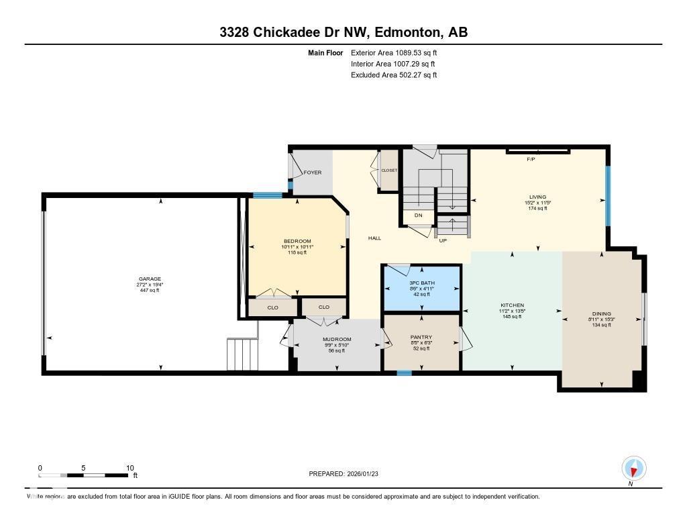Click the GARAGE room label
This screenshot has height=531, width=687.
(150, 279)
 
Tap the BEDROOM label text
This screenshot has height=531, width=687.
(297, 242)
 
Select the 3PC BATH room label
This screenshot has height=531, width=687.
(422, 283)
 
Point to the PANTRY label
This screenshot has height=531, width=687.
(421, 337)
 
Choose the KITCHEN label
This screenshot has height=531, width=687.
(512, 305)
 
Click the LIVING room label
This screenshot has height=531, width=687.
(538, 197)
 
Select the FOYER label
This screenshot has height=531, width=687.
(313, 173)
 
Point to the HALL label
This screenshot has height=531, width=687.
(374, 238)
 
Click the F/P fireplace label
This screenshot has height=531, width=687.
(531, 160)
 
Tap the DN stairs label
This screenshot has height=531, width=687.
(418, 215)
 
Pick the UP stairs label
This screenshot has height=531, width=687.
(443, 240)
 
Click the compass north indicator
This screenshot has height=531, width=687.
(633, 468)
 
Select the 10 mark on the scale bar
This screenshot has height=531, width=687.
(130, 468)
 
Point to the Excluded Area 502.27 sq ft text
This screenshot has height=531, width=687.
(394, 75)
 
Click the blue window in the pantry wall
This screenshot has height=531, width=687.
(404, 373)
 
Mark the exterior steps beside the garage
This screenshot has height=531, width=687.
(242, 354)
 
